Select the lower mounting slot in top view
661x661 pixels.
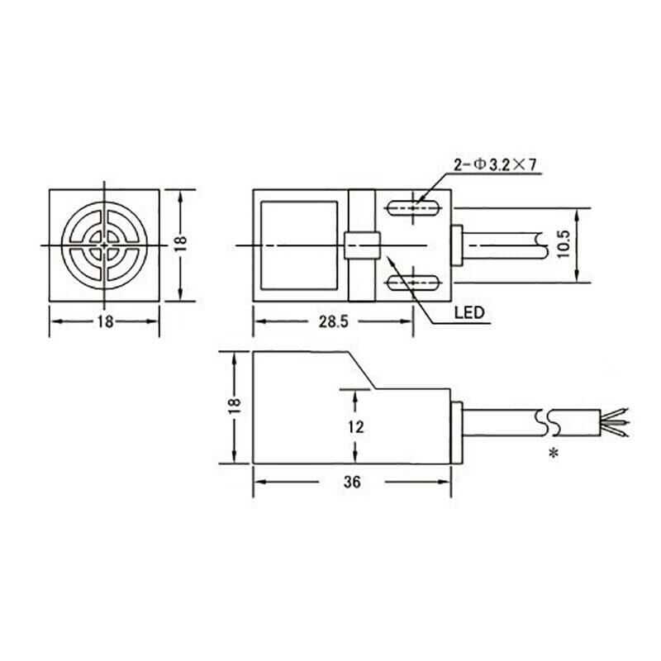coord(410,284)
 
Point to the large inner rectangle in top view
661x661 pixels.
coord(298,245)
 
